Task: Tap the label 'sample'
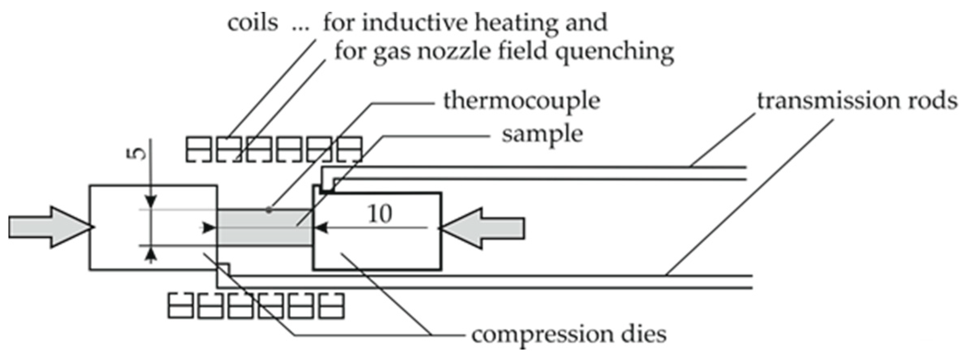(542, 135)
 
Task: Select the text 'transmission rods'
(857, 101)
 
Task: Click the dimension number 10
(380, 214)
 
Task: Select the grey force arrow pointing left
(483, 228)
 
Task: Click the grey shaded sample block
(265, 228)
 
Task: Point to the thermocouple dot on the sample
(268, 210)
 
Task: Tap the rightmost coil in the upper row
(349, 150)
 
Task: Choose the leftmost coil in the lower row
(181, 306)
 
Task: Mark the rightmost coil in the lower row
(332, 306)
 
